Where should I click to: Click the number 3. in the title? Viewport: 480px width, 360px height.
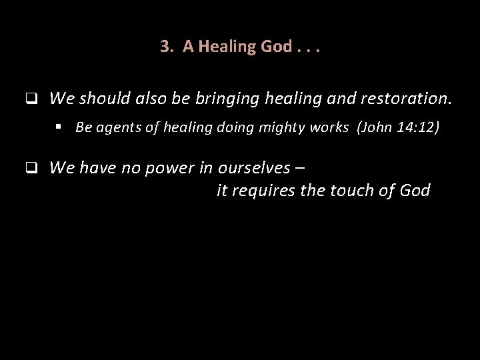167,47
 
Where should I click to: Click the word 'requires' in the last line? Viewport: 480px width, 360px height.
265,191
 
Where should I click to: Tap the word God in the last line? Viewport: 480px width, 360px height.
414,191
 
